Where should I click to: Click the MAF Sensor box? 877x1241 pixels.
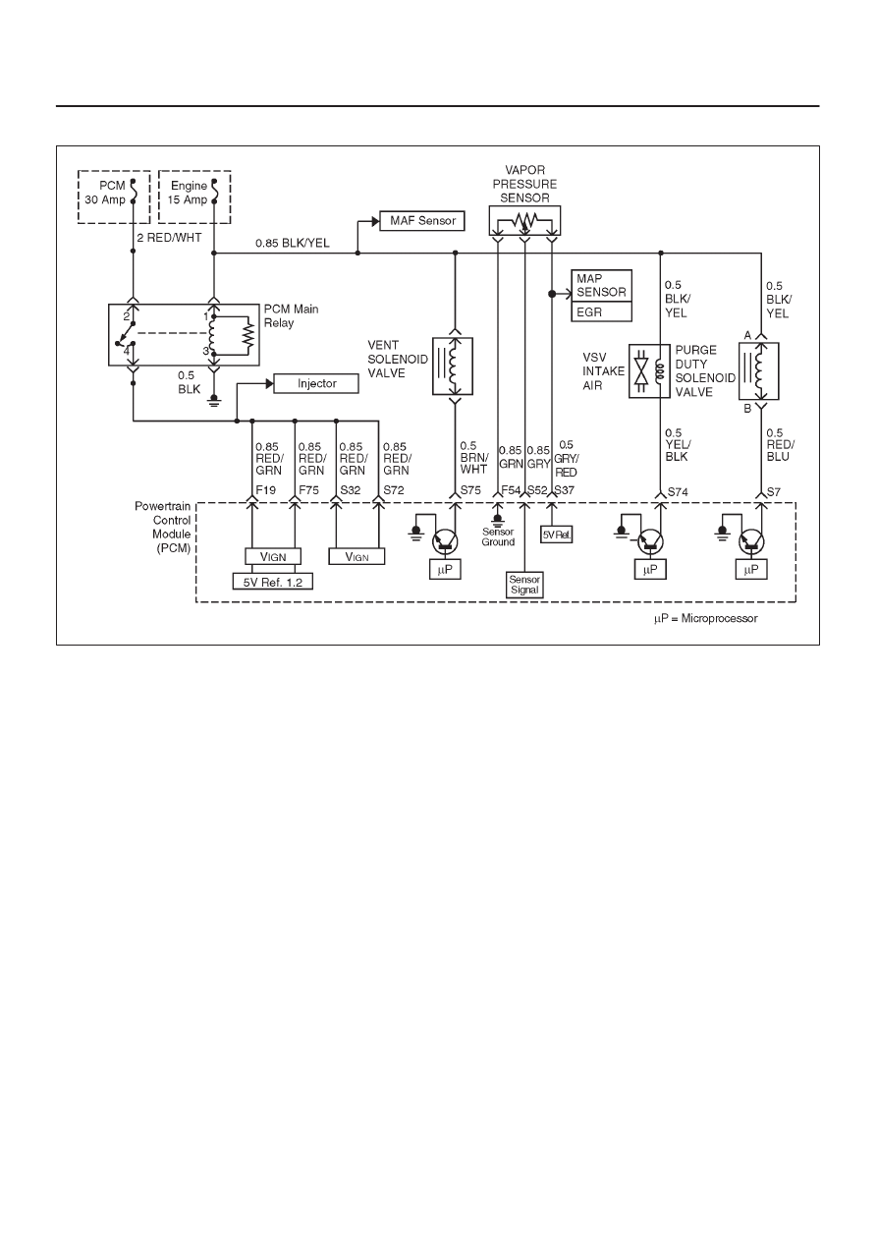[422, 220]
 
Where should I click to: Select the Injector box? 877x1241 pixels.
[316, 383]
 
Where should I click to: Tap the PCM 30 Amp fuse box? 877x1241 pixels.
[114, 197]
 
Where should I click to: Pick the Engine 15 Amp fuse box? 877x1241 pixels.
[194, 197]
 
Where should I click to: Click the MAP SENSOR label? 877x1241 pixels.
[601, 285]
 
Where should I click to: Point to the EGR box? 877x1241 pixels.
[601, 311]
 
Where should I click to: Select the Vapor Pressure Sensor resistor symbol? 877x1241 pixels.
[524, 220]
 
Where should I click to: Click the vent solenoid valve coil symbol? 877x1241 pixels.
[453, 367]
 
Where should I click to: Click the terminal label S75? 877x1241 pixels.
[470, 490]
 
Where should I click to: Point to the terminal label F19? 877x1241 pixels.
[266, 490]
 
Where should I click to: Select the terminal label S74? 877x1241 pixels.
[678, 491]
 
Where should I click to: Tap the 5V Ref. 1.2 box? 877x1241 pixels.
[272, 582]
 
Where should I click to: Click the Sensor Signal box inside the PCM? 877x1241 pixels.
[524, 585]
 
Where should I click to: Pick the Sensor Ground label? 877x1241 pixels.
[498, 536]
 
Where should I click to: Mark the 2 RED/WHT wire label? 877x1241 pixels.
[170, 238]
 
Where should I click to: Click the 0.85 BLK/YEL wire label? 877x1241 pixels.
[293, 244]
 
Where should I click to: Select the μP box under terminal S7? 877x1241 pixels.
[751, 570]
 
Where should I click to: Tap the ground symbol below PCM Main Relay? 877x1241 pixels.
[214, 401]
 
